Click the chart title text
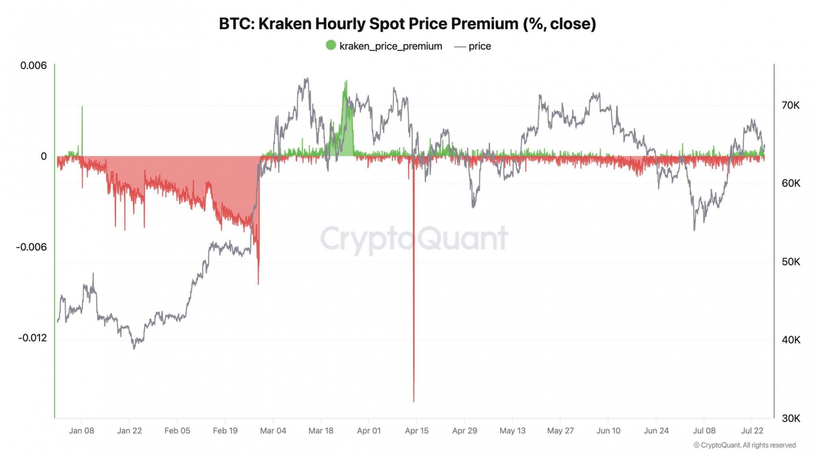407,24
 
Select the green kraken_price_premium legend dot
331,45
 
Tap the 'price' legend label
479,46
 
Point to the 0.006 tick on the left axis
33,66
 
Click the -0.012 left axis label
32,338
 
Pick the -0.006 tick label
32,247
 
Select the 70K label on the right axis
790,106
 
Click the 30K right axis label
790,419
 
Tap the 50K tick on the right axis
790,262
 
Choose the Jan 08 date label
82,431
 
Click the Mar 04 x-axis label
273,431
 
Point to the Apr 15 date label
417,431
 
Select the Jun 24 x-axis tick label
656,431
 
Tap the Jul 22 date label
752,431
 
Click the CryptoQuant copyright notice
745,445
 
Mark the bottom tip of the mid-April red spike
414,401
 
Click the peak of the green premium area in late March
346,81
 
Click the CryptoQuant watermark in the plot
414,239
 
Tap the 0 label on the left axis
44,157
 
